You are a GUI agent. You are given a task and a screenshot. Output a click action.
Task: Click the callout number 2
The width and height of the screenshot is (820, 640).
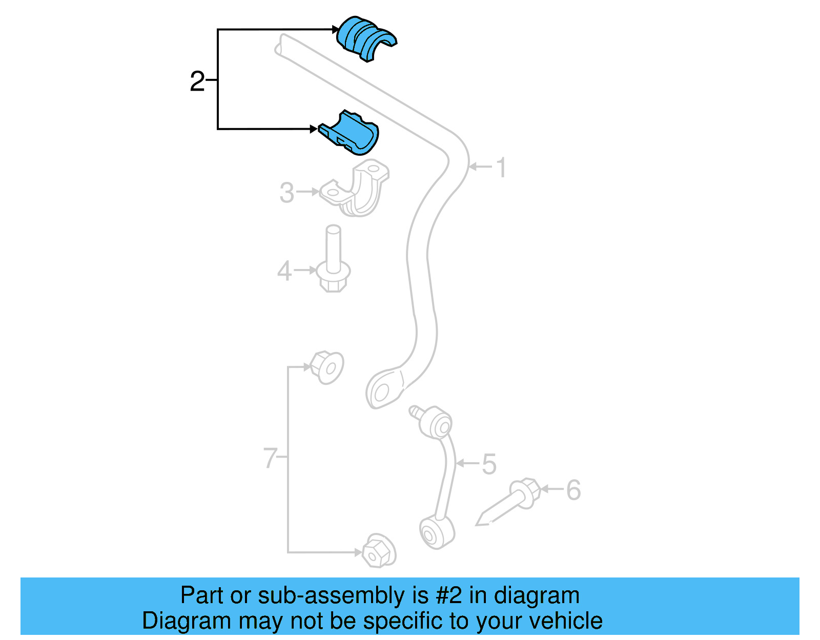[197, 81]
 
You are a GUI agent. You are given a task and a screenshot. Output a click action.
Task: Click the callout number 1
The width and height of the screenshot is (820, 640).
[502, 168]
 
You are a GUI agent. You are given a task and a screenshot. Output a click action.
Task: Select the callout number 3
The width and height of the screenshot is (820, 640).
[286, 193]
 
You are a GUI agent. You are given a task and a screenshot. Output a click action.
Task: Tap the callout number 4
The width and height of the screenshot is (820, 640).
[284, 271]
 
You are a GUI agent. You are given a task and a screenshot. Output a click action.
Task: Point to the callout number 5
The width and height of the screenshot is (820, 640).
[489, 464]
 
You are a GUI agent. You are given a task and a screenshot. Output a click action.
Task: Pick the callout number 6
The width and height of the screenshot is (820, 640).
[573, 490]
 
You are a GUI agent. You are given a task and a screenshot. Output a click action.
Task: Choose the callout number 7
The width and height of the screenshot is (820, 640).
[270, 458]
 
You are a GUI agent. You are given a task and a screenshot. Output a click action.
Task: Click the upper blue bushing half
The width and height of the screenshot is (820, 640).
[365, 39]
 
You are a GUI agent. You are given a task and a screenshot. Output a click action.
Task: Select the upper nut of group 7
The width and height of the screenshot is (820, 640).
[326, 367]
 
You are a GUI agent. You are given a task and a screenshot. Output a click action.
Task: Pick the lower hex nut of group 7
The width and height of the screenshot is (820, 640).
[379, 551]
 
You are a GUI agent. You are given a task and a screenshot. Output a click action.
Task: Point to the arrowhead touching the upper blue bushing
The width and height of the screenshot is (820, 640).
[335, 30]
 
